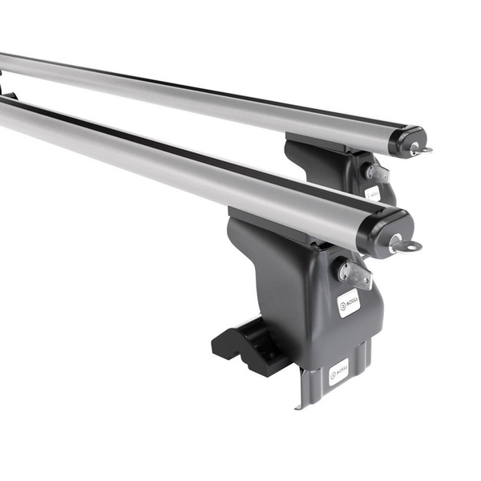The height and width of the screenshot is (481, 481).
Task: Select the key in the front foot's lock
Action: point(355,275)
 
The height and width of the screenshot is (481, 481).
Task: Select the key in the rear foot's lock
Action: point(378,173)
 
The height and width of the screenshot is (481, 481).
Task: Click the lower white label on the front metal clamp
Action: point(338,373)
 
